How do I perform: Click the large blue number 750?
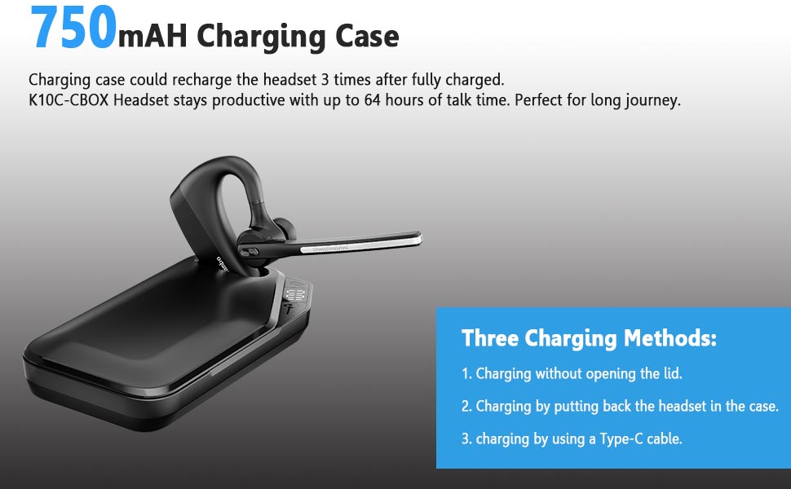point(72,29)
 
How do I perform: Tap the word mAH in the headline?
point(154,36)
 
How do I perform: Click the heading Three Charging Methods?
point(589,337)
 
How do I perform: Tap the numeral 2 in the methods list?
point(466,406)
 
